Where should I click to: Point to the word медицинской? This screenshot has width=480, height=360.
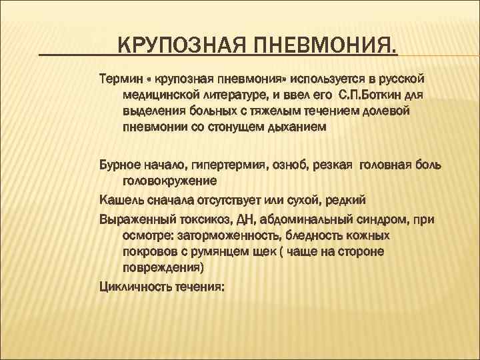pyautogui.click(x=159, y=94)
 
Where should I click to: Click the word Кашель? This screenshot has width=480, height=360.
pyautogui.click(x=119, y=199)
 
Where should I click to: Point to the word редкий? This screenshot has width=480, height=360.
pyautogui.click(x=343, y=199)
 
